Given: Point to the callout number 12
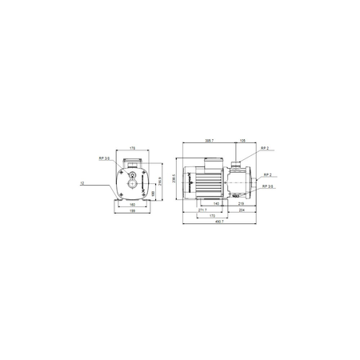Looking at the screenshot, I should coord(82,184).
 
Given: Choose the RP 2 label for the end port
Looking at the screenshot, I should coord(266,174).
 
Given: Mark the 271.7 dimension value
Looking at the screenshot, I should coord(201,210).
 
